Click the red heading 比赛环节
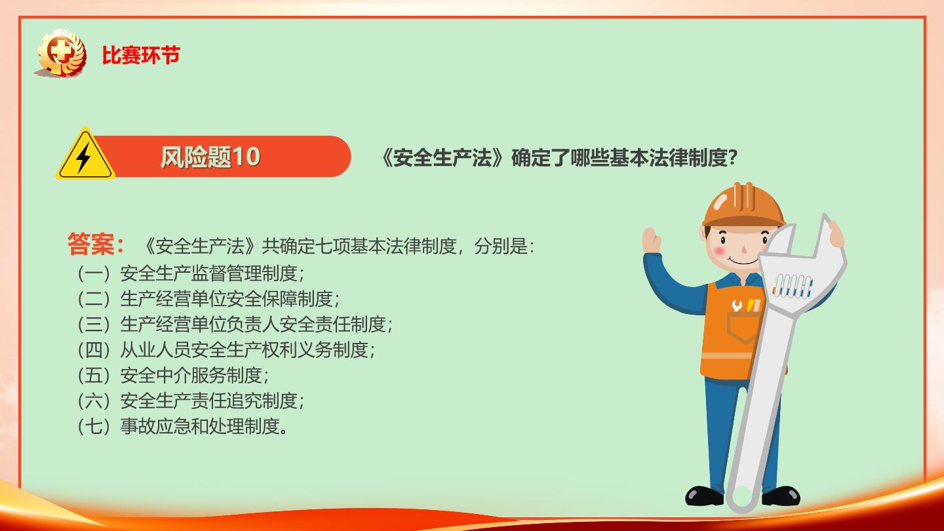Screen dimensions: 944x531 point(141,55)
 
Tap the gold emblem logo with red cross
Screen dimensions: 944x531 point(62,53)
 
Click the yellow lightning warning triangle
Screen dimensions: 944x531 point(85,154)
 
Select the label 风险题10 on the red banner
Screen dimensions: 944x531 point(210,157)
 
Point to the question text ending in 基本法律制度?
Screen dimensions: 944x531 point(559,158)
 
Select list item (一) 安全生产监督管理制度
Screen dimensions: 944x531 point(191,273)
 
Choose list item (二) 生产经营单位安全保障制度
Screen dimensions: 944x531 point(208,299)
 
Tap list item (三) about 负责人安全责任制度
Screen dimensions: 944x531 point(235,324)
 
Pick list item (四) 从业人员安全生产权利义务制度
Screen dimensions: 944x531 point(226,350)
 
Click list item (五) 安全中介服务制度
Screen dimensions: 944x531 point(173,375)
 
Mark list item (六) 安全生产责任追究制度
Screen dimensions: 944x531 point(191,401)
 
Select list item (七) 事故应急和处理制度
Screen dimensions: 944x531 point(182,426)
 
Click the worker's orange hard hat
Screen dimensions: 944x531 point(743,205)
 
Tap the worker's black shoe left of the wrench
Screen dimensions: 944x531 point(704,496)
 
